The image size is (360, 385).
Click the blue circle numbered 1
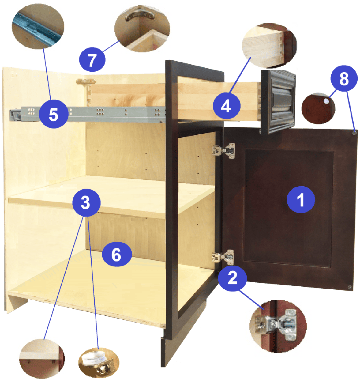(301, 199)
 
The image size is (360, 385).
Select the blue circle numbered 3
(86, 202)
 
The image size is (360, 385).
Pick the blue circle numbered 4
(227, 106)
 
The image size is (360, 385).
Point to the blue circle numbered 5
(54, 114)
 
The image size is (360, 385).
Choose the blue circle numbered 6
(117, 254)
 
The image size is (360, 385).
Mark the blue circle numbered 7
(92, 59)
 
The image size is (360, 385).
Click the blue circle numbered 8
(344, 78)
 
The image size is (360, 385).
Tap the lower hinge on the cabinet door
(223, 257)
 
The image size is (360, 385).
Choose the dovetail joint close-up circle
(269, 46)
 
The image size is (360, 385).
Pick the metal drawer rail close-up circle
(38, 26)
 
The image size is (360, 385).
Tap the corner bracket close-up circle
(142, 29)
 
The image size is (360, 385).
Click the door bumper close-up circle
(318, 108)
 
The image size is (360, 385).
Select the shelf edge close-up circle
(42, 359)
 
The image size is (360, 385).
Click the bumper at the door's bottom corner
(349, 287)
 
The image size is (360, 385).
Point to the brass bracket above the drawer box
(86, 81)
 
